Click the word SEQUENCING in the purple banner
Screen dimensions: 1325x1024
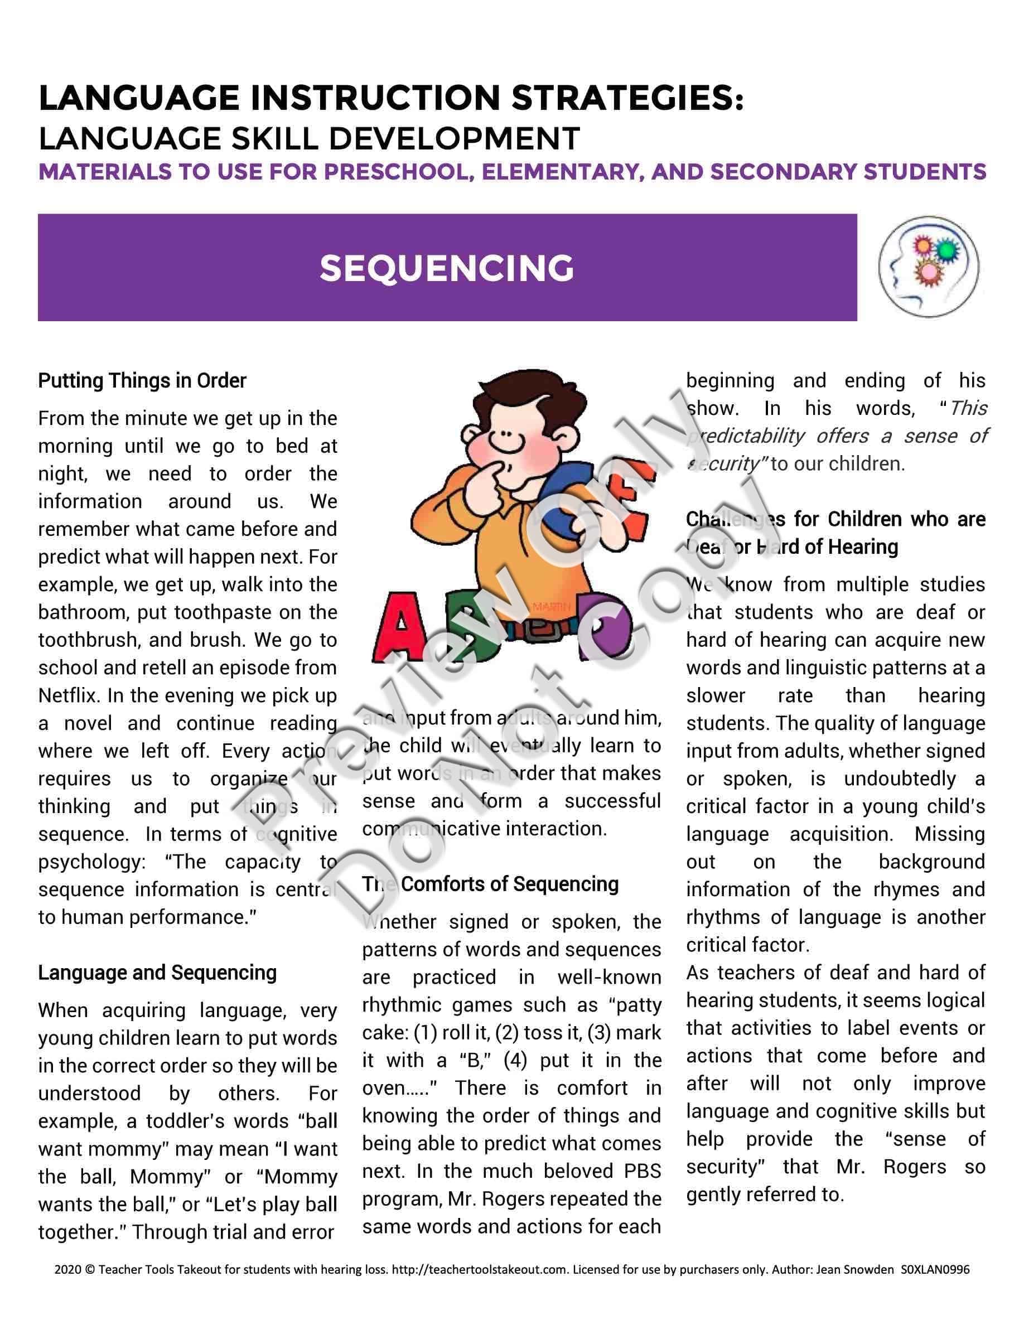[447, 268]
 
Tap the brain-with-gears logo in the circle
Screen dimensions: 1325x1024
[928, 267]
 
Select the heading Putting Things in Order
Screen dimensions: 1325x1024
[142, 380]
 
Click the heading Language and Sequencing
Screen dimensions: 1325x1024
[157, 972]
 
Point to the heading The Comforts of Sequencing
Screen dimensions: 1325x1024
[490, 884]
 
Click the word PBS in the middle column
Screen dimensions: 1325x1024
[643, 1171]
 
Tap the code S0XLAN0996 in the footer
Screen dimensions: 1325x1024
[935, 1269]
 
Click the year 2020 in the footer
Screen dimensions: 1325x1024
[67, 1269]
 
